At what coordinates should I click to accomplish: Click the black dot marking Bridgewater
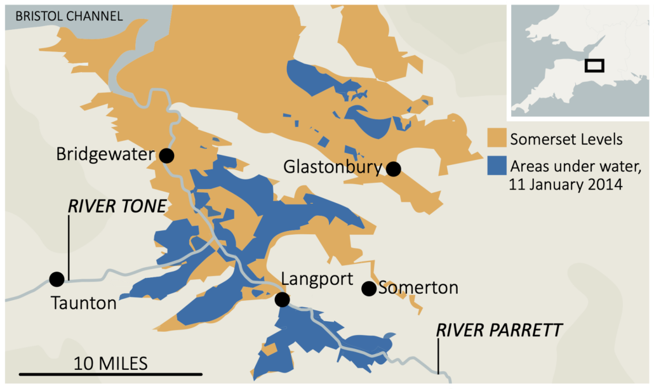(166, 155)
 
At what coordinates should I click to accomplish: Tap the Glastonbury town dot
(394, 169)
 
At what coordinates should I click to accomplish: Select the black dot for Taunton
(57, 279)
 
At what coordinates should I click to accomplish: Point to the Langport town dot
(282, 299)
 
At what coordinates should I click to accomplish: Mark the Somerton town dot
(368, 289)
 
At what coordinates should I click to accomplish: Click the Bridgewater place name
(105, 154)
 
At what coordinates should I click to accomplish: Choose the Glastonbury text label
(333, 168)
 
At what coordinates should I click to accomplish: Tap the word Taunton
(84, 303)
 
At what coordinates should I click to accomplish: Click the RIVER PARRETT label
(498, 330)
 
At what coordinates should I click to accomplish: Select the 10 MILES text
(110, 363)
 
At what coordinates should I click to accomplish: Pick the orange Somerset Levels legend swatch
(496, 138)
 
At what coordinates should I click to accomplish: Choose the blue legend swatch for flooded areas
(496, 166)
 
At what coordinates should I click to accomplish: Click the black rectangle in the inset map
(594, 65)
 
